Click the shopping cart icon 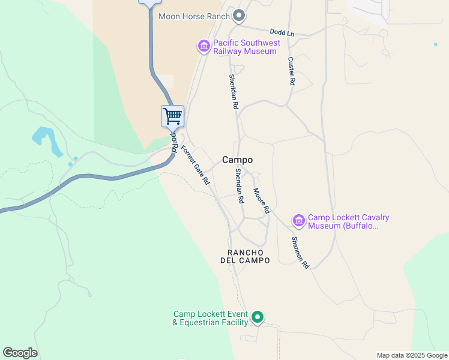[172, 116]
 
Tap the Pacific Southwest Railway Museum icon [203, 45]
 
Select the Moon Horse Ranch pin [239, 16]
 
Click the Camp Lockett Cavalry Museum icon [298, 221]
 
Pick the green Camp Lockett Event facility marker [258, 317]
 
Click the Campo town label [237, 160]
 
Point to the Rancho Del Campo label [249, 256]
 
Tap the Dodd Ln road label [282, 32]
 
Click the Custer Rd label [291, 70]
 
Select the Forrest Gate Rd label [195, 165]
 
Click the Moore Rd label [261, 202]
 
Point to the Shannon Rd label [300, 252]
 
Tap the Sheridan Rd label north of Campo [233, 91]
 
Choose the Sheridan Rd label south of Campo [239, 185]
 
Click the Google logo [20, 353]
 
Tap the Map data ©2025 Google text [412, 355]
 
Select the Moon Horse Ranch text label [194, 16]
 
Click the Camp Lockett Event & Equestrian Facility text [211, 318]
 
